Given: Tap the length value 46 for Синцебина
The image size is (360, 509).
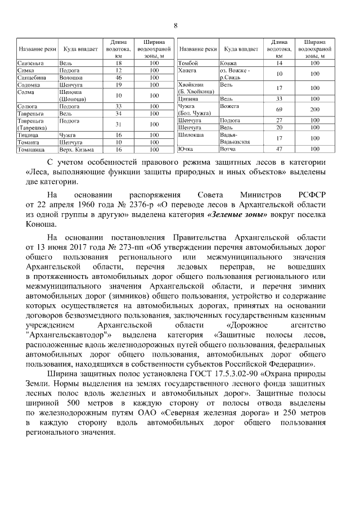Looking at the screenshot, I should click(x=119, y=77).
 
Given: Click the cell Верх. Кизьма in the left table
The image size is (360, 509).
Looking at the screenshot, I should click(x=75, y=150).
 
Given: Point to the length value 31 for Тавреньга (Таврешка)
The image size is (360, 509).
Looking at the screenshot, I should click(x=119, y=124).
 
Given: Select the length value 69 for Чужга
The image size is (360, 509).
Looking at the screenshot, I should click(x=279, y=109).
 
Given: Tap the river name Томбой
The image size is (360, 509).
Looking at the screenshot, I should click(x=188, y=64).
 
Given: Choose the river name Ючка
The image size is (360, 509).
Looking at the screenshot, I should click(x=186, y=149).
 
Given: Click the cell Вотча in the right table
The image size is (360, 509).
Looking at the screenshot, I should click(x=228, y=149).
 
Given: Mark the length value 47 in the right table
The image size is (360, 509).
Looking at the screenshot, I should click(x=279, y=149).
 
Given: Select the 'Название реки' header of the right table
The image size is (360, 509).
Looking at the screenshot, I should click(x=198, y=49).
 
